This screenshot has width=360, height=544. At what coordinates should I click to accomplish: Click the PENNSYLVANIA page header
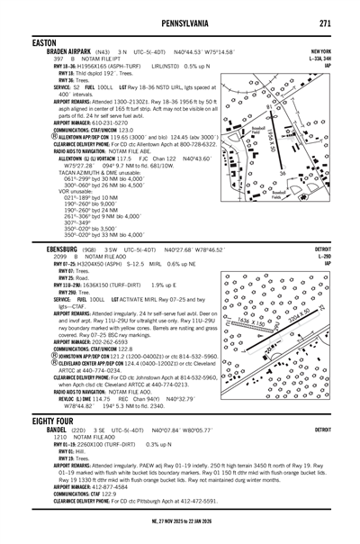coord(180,21)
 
